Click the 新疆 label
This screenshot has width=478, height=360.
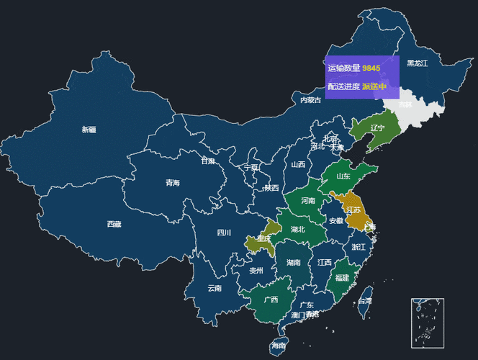89,130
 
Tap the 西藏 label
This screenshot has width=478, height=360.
114,224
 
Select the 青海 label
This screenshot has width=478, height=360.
173,183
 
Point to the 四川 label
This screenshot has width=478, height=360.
224,233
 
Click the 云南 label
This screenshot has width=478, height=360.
215,288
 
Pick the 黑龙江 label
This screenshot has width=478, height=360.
417,63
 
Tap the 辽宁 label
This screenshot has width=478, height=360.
378,128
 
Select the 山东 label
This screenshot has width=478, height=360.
343,176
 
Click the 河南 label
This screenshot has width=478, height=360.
307,200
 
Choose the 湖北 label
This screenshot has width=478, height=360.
298,230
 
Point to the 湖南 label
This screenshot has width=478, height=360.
293,263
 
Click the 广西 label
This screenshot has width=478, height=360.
271,300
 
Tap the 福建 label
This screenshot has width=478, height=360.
342,278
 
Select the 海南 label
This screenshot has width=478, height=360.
279,346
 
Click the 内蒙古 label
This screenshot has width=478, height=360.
311,100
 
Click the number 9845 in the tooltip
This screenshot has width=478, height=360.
371,68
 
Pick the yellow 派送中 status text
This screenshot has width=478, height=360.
374,87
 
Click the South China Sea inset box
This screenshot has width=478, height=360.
428,323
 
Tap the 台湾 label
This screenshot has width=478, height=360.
366,301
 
